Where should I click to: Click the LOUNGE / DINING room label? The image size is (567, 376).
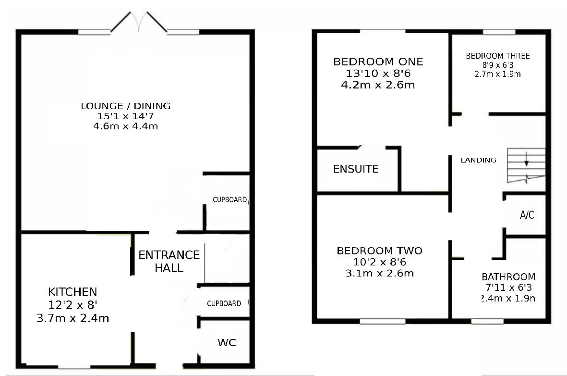(x=125, y=106)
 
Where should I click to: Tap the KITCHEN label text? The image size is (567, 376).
(x=72, y=291)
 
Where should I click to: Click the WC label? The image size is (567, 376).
(x=227, y=343)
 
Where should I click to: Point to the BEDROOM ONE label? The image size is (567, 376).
(x=378, y=62)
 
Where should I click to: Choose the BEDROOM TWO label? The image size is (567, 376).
(x=379, y=251)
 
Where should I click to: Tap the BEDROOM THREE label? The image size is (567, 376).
(x=498, y=56)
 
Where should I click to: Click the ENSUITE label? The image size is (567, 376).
(x=356, y=169)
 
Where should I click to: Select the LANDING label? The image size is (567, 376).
(x=478, y=160)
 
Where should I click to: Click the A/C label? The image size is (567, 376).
(x=527, y=215)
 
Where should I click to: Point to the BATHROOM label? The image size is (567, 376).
(x=508, y=277)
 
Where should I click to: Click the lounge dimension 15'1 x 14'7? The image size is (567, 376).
(x=125, y=116)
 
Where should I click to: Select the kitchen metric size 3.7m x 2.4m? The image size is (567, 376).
(x=72, y=318)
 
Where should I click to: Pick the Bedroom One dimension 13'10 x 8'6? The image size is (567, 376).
(x=378, y=74)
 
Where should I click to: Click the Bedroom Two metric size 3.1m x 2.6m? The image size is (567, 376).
(x=379, y=274)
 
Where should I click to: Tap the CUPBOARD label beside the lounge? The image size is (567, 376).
(x=230, y=200)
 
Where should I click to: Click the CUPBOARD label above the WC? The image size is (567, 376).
(x=224, y=303)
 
